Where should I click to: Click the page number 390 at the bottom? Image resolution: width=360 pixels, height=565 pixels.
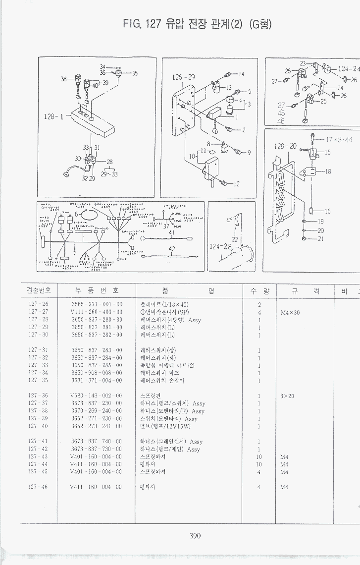pyautogui.click(x=195, y=534)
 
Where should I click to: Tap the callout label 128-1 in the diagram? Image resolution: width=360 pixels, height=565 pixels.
pyautogui.click(x=53, y=117)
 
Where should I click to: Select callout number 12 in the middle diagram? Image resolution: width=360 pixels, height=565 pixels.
pyautogui.click(x=236, y=184)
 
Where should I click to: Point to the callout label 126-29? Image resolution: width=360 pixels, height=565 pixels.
pyautogui.click(x=183, y=77)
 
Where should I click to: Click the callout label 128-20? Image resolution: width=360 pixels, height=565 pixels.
pyautogui.click(x=285, y=146)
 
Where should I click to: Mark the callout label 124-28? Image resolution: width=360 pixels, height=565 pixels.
pyautogui.click(x=220, y=246)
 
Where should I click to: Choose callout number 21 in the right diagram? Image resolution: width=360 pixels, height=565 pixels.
pyautogui.click(x=320, y=239)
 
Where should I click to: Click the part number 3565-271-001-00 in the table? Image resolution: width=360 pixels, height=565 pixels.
pyautogui.click(x=97, y=304)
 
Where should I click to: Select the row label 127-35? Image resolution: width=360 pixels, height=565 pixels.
pyautogui.click(x=38, y=380)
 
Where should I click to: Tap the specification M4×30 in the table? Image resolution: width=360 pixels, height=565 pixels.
pyautogui.click(x=290, y=312)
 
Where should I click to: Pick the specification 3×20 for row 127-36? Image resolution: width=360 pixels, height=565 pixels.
pyautogui.click(x=287, y=396)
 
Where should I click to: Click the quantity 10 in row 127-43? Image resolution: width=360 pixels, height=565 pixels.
pyautogui.click(x=258, y=456)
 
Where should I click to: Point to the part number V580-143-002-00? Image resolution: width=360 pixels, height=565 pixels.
pyautogui.click(x=97, y=396)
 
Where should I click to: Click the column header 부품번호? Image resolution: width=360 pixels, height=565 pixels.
pyautogui.click(x=97, y=290)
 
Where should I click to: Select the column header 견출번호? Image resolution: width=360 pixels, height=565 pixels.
pyautogui.click(x=39, y=290)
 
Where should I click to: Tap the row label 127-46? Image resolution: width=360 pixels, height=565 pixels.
pyautogui.click(x=38, y=487)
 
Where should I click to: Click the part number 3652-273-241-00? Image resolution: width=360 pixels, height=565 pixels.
pyautogui.click(x=97, y=426)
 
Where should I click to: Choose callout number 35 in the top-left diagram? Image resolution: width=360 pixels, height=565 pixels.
pyautogui.click(x=134, y=73)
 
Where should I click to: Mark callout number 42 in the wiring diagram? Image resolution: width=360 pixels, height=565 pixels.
pyautogui.click(x=172, y=249)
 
